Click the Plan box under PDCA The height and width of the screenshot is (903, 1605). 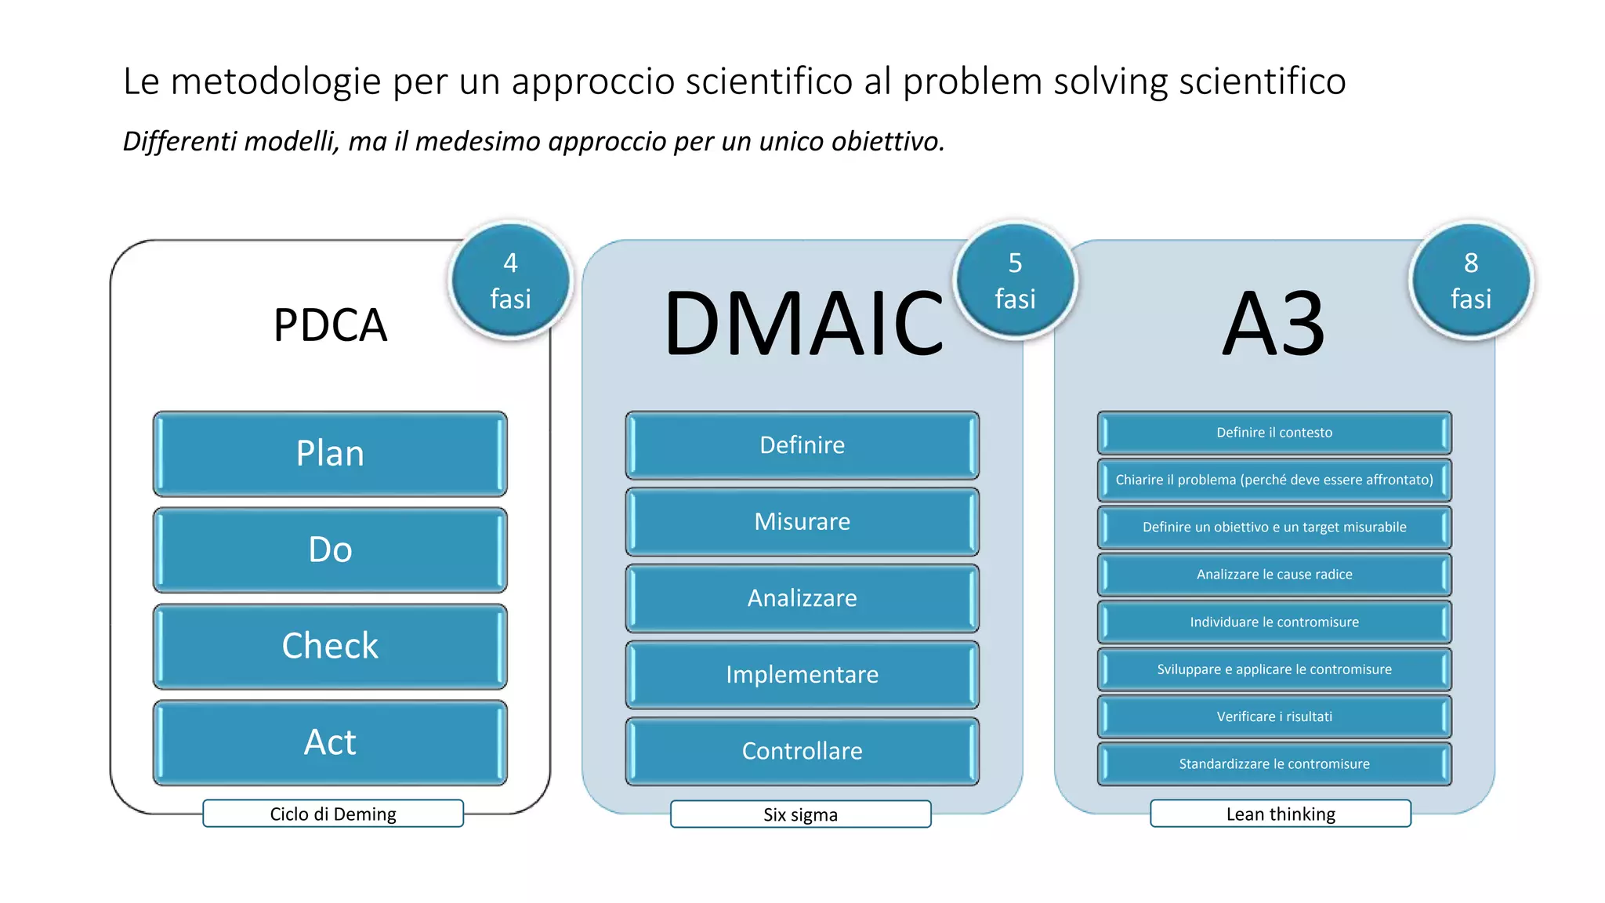pos(330,454)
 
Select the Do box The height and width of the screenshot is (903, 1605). pos(330,549)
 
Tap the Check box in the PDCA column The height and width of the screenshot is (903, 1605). pos(330,646)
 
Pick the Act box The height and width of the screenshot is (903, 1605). pos(330,742)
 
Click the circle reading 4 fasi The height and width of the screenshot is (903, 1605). pos(510,280)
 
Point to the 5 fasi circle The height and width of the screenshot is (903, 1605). pos(1015,280)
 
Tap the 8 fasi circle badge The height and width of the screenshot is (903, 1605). pos(1471,280)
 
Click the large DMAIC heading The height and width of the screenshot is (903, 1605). pos(803,324)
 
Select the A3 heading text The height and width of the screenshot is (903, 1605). pos(1274,324)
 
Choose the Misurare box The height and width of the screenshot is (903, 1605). pos(802,521)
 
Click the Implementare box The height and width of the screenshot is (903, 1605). pos(802,674)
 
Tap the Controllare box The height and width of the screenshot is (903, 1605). pos(802,751)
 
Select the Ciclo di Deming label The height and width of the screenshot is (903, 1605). pos(333,814)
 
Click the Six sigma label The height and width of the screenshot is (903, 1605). pos(800,814)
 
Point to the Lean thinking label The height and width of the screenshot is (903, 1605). pos(1281,814)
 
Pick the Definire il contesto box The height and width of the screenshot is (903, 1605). pos(1274,433)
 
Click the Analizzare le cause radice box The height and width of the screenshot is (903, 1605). pos(1274,575)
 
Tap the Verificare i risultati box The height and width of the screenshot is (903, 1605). pos(1274,716)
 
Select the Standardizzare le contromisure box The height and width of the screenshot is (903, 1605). pos(1274,763)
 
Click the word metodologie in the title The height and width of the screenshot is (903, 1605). pos(276,82)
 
